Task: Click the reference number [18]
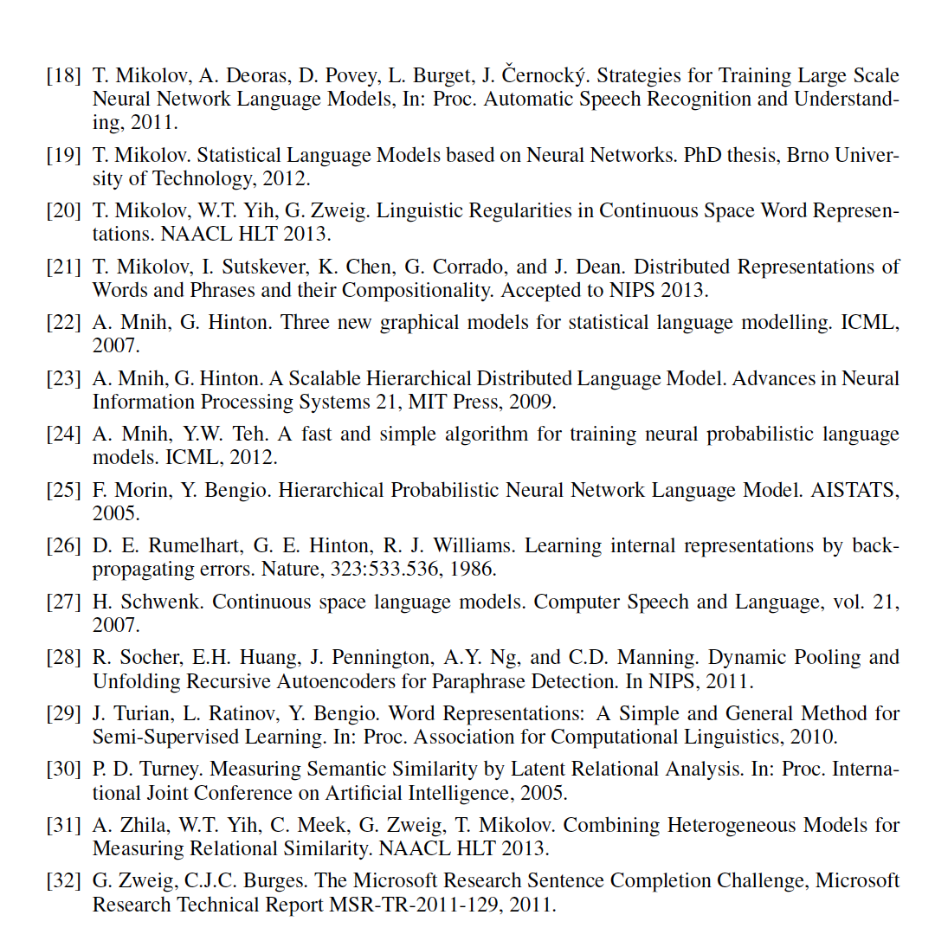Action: (x=64, y=76)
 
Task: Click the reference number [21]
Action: (x=64, y=267)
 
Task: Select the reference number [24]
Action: (x=64, y=434)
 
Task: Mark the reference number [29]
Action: (x=64, y=713)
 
